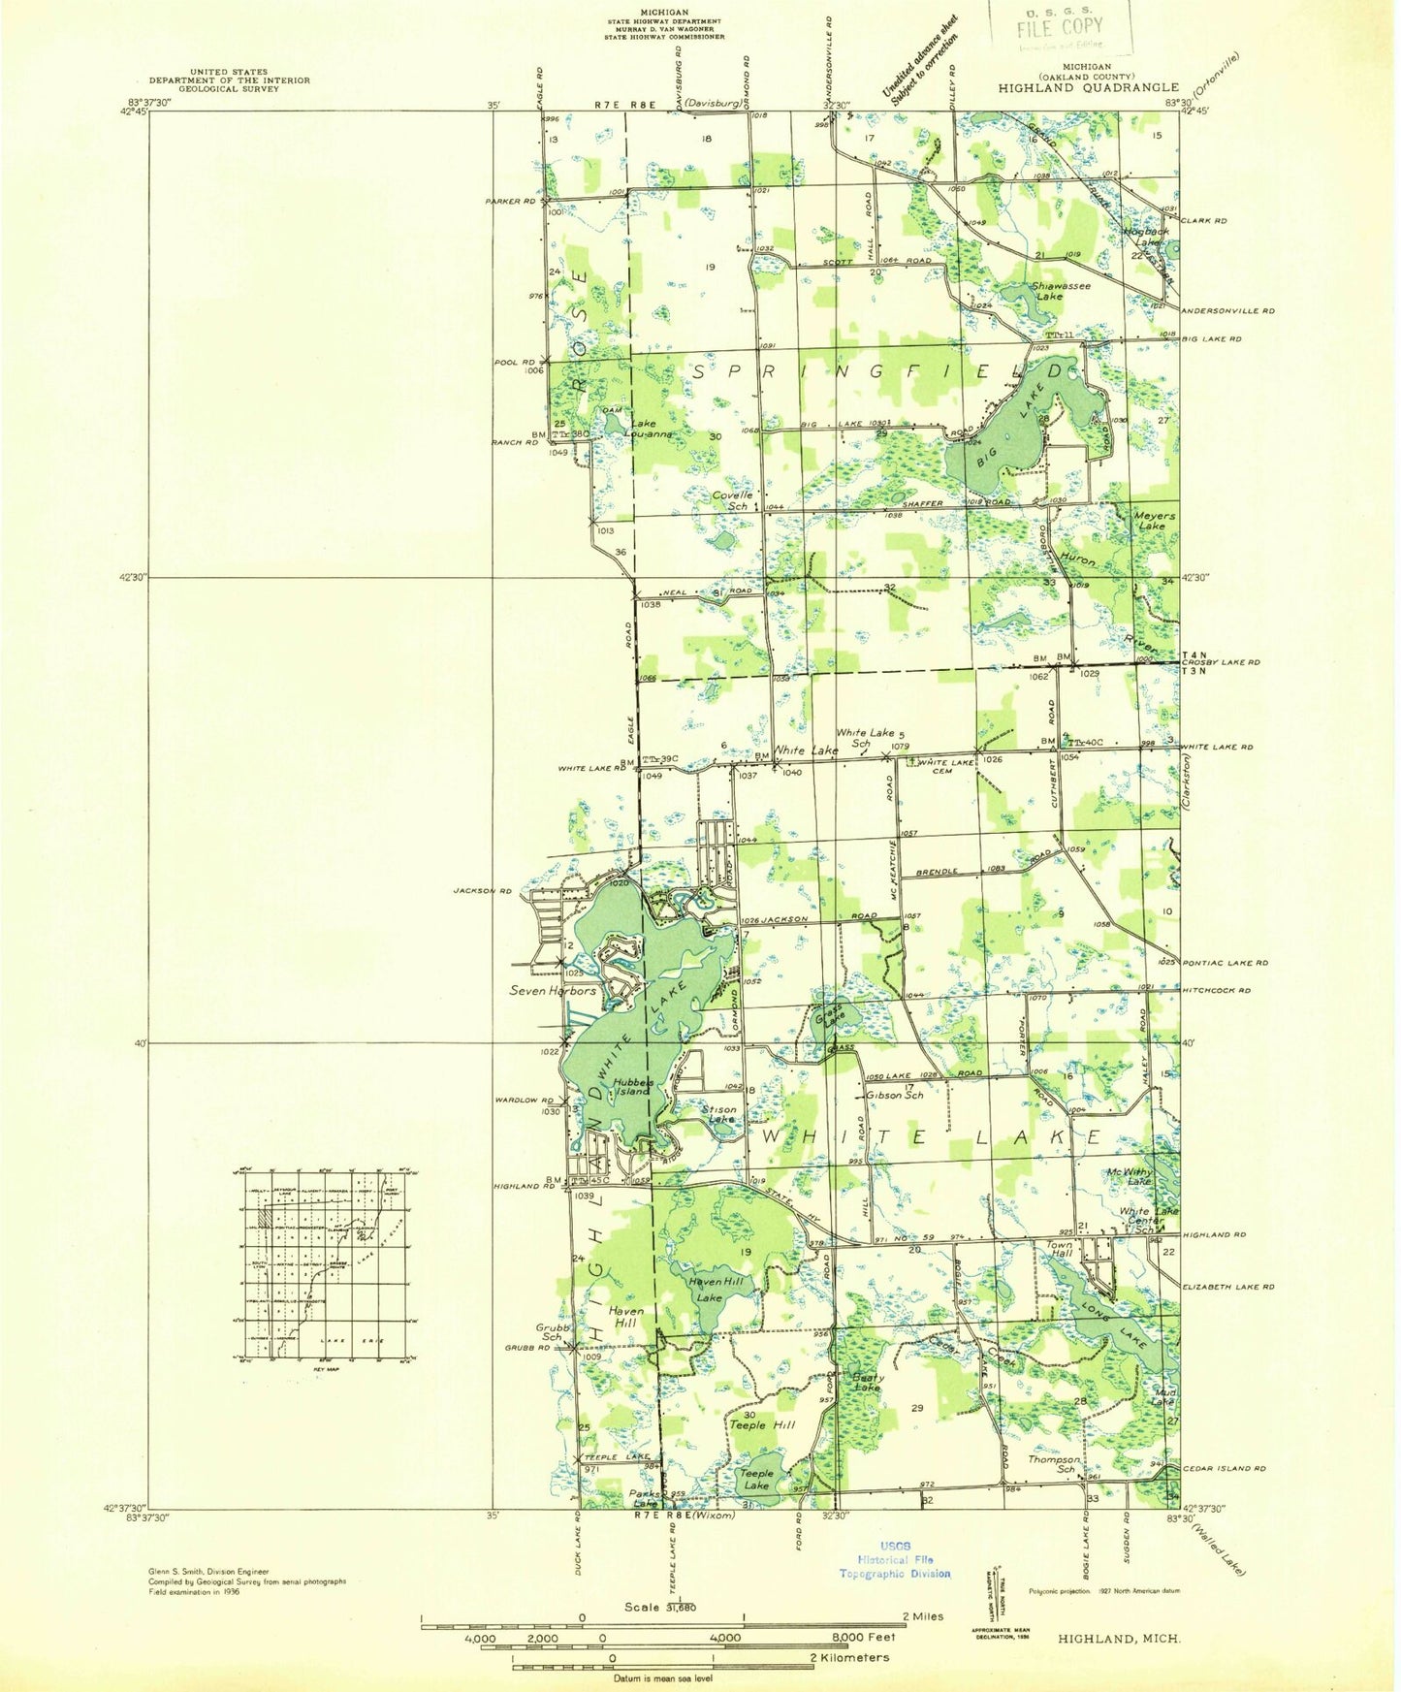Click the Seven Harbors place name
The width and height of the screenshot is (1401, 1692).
coord(554,991)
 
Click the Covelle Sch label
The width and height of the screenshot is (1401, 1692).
coord(732,500)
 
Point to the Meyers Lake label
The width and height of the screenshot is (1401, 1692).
coord(1154,521)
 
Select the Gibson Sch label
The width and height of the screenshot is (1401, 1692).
coord(894,1096)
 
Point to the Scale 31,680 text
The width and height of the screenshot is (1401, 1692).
coord(659,1608)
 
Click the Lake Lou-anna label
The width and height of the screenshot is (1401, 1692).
coord(652,430)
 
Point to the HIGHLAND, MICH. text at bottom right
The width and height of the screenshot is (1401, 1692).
coord(1119,1638)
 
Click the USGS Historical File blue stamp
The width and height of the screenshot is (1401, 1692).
coord(895,1560)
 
